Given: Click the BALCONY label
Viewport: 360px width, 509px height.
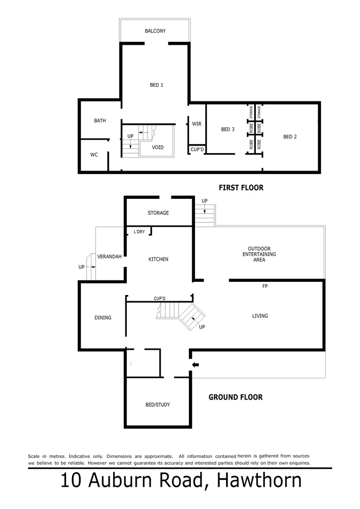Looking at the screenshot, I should point(155,31).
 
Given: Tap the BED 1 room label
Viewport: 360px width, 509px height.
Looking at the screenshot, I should point(156,85).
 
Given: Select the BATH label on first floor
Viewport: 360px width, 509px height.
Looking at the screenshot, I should point(100,121).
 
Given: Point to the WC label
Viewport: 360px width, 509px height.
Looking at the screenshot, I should point(94,155).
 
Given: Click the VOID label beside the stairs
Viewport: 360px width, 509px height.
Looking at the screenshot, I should point(158,148).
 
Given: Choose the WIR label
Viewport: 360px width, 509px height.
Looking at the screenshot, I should point(196,124).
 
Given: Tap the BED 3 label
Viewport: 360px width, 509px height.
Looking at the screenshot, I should point(228,130).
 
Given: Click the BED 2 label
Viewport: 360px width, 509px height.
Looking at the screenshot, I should point(290,137).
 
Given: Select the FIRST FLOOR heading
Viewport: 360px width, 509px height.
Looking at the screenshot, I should point(241,188).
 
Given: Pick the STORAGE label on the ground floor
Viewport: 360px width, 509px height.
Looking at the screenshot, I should point(158,213).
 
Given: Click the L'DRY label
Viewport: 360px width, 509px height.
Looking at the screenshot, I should point(139,231).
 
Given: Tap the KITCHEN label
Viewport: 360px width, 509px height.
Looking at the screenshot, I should point(158,259).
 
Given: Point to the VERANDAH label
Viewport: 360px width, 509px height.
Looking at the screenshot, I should point(109,257).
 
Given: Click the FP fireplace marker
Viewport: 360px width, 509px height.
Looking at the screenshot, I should point(265,286).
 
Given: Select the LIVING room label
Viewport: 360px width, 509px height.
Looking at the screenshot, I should point(260,316).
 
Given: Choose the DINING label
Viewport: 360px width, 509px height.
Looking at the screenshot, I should point(103,318).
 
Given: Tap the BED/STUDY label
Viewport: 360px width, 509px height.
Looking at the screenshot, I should point(158,405).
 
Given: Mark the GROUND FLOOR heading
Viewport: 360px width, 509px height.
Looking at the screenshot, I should point(236,397).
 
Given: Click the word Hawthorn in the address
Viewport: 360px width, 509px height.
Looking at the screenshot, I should point(259,481).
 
